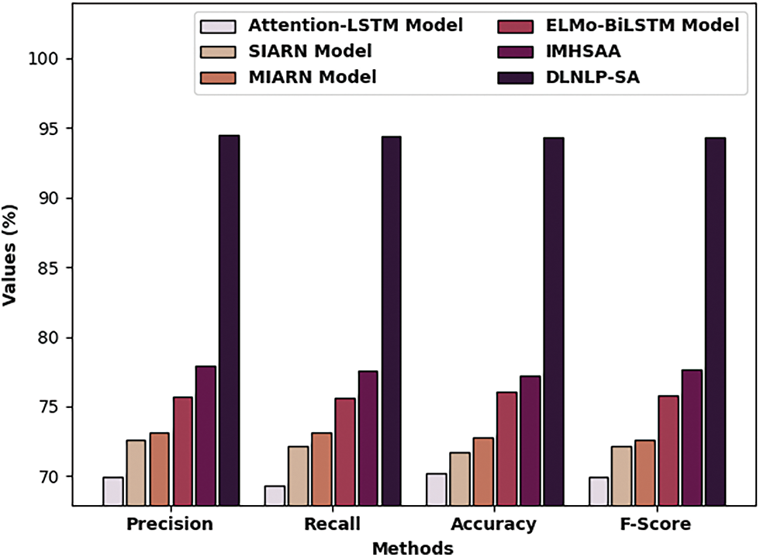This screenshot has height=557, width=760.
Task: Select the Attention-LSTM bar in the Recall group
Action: [x=275, y=496]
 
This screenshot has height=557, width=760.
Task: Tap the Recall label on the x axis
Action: [x=333, y=524]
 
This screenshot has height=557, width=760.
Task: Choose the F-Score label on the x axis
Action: [x=656, y=524]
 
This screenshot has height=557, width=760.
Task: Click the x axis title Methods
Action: [x=413, y=548]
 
